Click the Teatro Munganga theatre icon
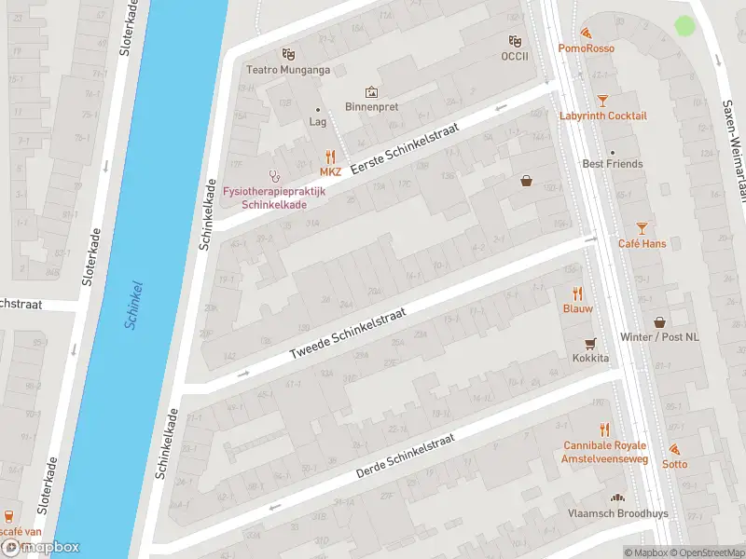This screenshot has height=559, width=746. click(x=289, y=54)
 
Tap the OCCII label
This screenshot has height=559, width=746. click(x=514, y=56)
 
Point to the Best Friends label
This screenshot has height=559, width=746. click(x=613, y=164)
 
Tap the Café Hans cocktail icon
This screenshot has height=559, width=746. click(x=642, y=228)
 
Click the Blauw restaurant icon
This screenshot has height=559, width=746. click(x=577, y=293)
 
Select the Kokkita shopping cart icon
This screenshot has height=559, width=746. click(x=589, y=343)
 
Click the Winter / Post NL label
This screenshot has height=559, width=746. click(x=659, y=337)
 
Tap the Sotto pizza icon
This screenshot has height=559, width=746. click(x=674, y=449)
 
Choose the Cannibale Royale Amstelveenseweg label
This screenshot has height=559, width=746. click(x=604, y=452)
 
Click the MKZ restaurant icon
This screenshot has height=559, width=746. click(x=330, y=157)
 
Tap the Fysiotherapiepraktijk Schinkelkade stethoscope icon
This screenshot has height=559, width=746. click(x=274, y=174)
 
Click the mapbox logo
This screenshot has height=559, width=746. click(x=41, y=547)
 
